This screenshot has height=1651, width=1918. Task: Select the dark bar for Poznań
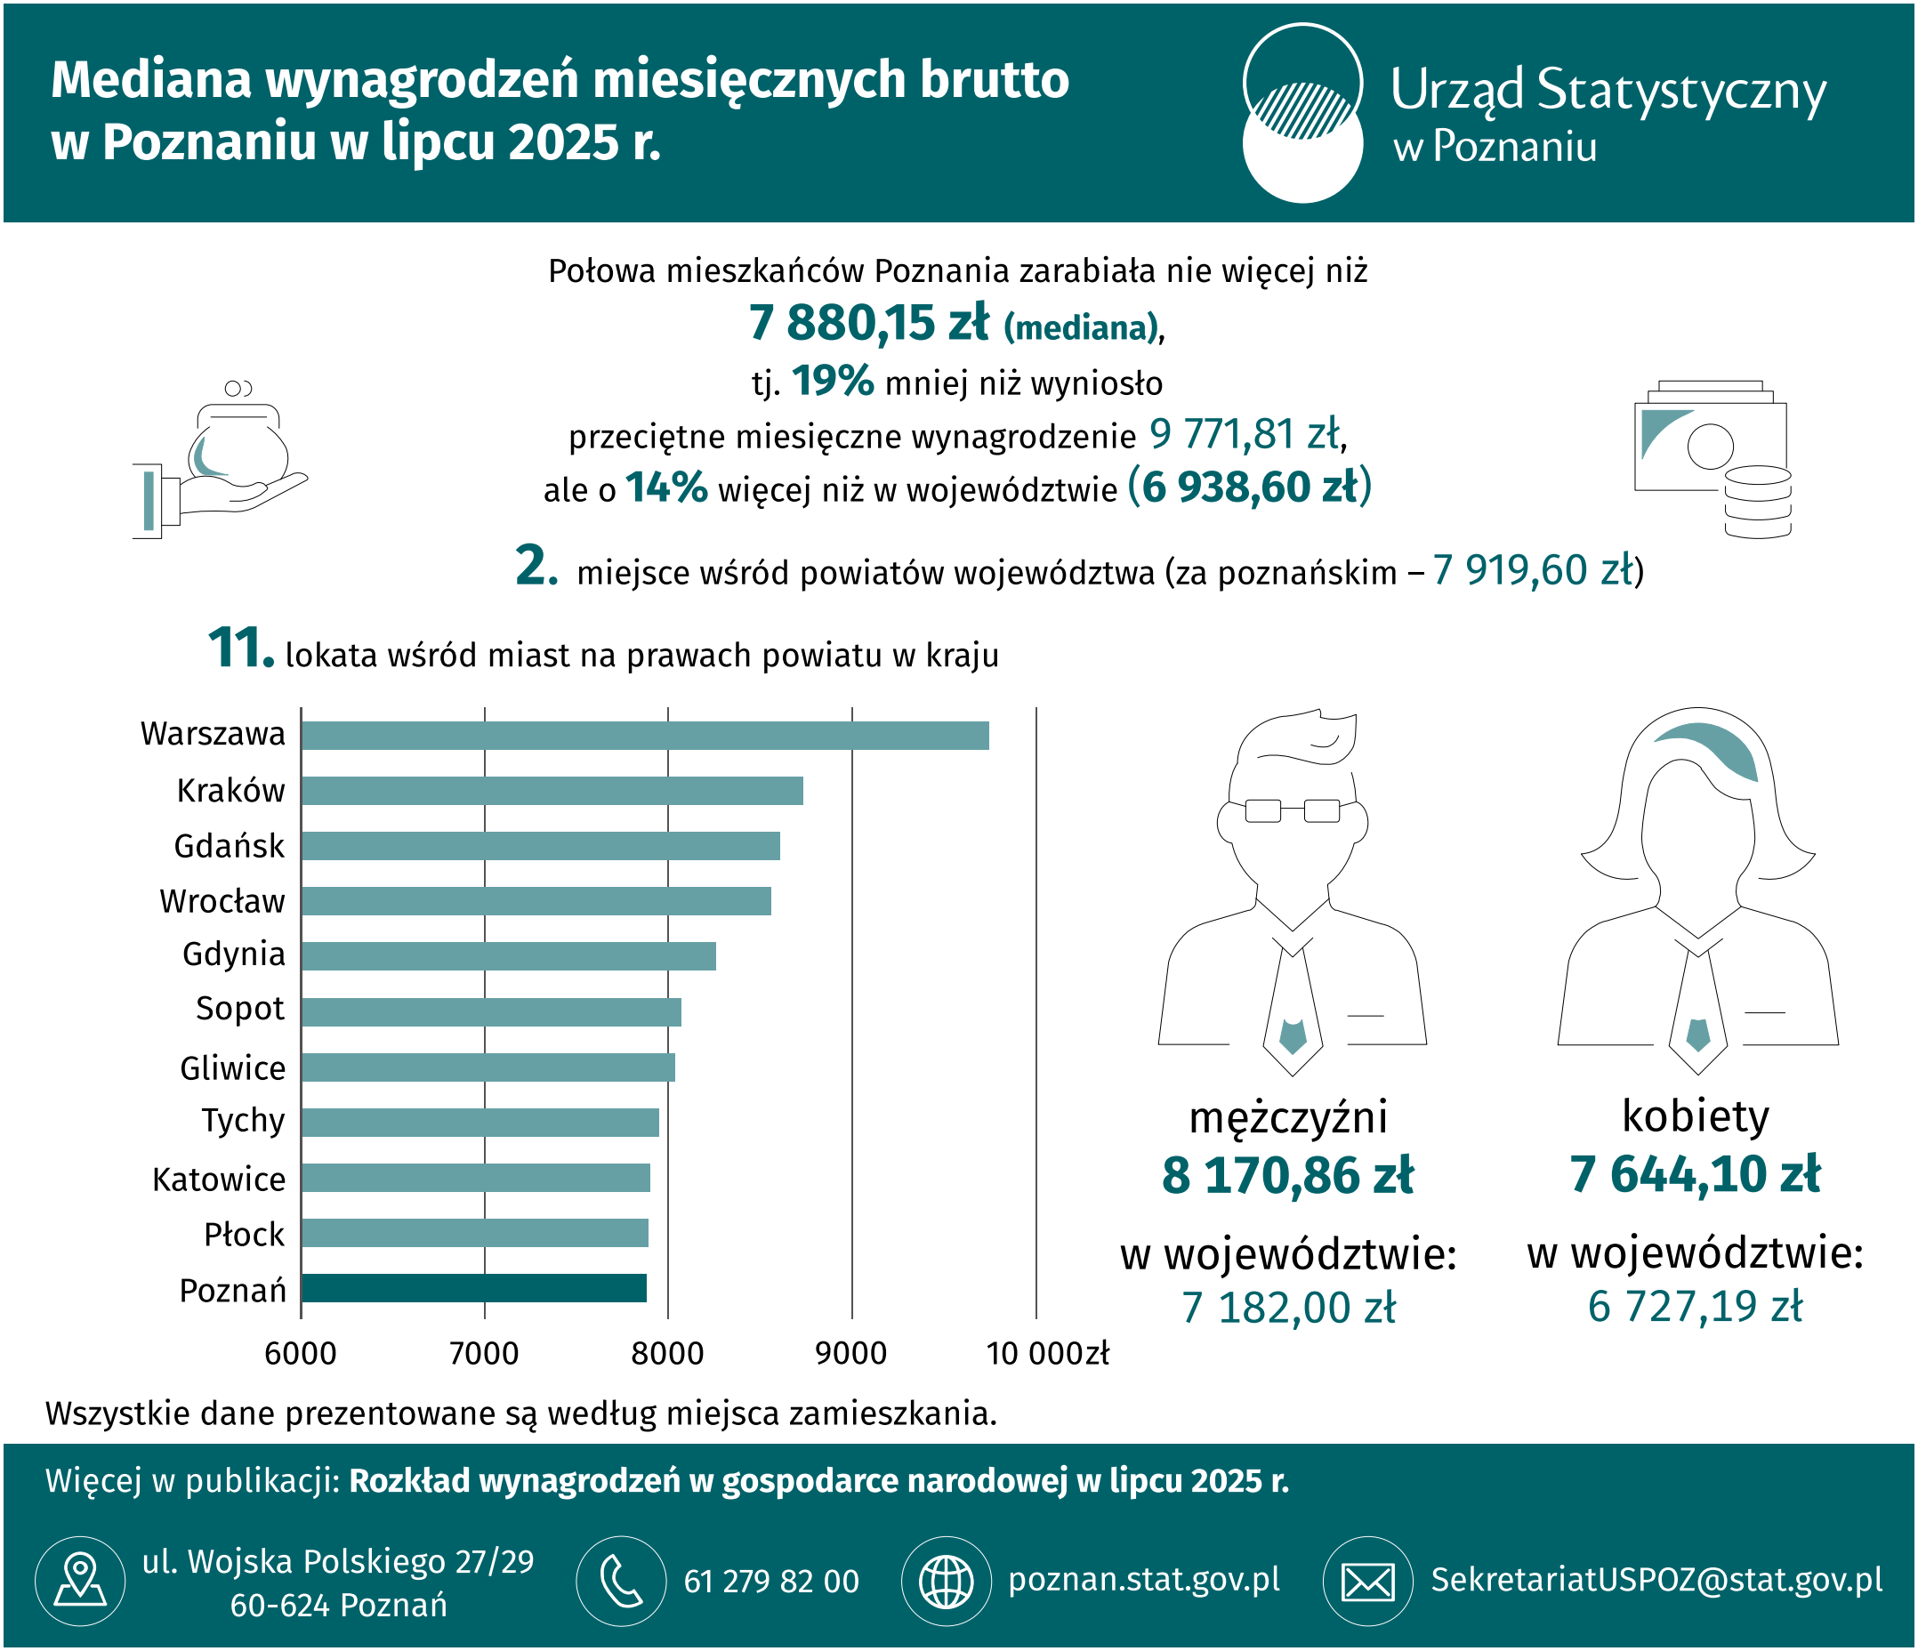473,1287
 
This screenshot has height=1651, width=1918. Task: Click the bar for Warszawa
644,735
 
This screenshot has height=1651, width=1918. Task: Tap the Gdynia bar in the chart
508,956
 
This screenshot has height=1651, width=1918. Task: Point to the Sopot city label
240,1009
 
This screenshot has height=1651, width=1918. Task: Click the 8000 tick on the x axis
667,1353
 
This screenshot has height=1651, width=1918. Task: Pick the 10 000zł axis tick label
1047,1353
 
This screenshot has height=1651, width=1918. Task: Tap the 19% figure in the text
832,382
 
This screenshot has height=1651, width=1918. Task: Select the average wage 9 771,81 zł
1245,434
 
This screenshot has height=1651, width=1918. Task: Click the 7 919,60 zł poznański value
1534,571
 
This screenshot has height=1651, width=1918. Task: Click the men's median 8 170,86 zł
1287,1175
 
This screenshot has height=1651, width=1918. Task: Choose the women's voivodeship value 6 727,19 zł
1695,1306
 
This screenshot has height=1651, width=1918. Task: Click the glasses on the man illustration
1293,810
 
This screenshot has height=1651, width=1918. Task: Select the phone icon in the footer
621,1581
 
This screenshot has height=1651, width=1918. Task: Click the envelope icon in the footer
1367,1581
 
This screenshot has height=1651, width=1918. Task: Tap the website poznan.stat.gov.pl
1143,1579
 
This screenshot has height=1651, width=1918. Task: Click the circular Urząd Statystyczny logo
1301,113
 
